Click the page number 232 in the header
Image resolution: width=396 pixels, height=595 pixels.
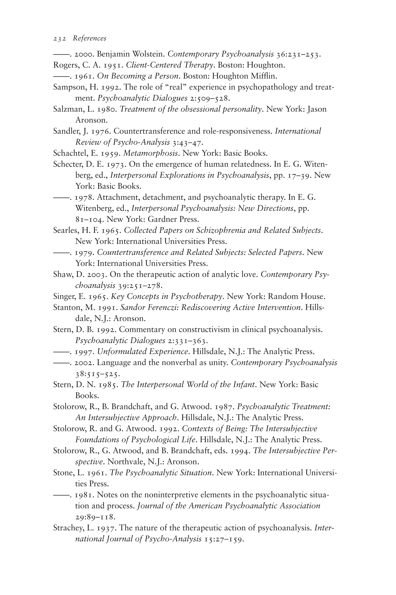pyautogui.click(x=60, y=38)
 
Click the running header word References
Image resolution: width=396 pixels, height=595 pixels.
pyautogui.click(x=90, y=38)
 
